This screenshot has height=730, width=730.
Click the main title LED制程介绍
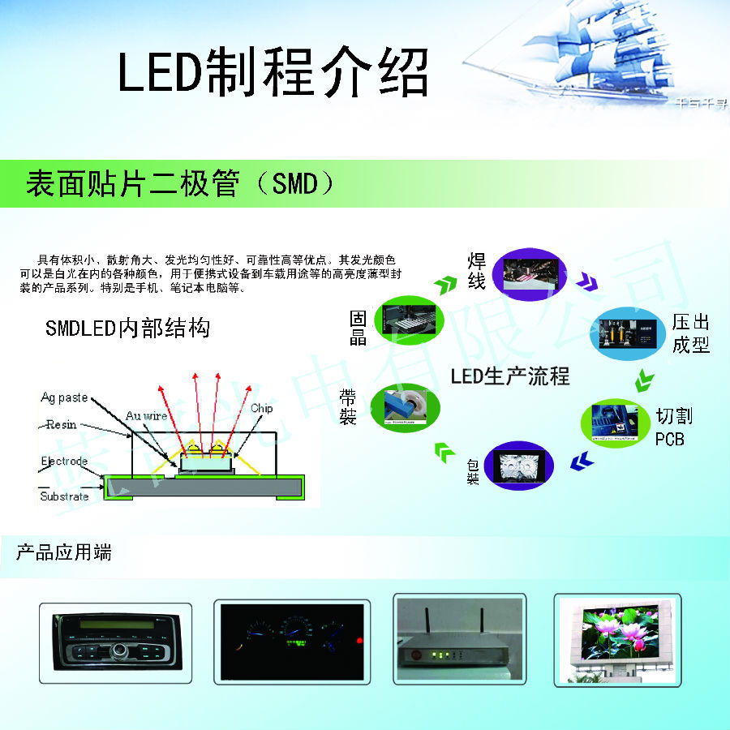273,74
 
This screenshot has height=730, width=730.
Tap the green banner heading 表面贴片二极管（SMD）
180,183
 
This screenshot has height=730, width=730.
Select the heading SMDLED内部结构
127,328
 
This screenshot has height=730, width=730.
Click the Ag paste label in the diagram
64,397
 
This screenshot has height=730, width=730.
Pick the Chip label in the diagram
261,408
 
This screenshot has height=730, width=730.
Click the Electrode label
64,462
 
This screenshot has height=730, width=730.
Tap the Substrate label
64,496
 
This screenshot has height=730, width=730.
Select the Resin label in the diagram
62,424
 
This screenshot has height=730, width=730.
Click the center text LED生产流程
510,376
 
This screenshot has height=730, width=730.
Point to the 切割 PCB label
673,427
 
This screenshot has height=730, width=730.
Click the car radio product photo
116,641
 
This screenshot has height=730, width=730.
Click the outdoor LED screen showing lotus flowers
617,640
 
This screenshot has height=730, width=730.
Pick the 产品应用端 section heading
64,553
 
